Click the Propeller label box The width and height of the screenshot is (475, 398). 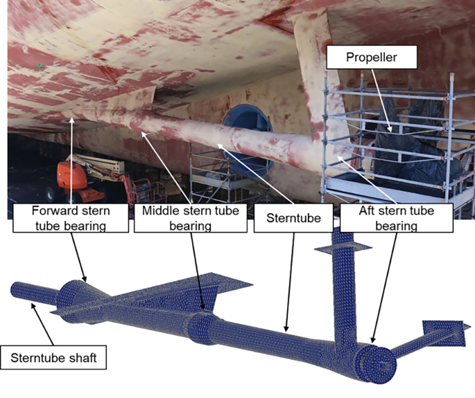pos(372,57)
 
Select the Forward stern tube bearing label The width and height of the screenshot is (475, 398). pos(71,218)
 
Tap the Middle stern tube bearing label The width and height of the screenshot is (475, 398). pos(191,218)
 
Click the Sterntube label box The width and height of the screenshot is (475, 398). pos(293,218)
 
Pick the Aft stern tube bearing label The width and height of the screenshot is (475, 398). pos(397,218)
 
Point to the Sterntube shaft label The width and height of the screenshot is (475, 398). pos(53,357)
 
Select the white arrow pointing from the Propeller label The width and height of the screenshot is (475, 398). pos(381,100)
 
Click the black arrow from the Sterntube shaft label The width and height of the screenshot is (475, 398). pos(42,325)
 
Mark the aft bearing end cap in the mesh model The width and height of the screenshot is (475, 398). pos(377,363)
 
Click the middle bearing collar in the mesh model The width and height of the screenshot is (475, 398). pos(202,329)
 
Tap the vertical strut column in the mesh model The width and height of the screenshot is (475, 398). pos(344,287)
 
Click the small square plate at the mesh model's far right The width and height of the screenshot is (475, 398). pos(444,333)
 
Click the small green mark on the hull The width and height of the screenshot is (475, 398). pos(38,66)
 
